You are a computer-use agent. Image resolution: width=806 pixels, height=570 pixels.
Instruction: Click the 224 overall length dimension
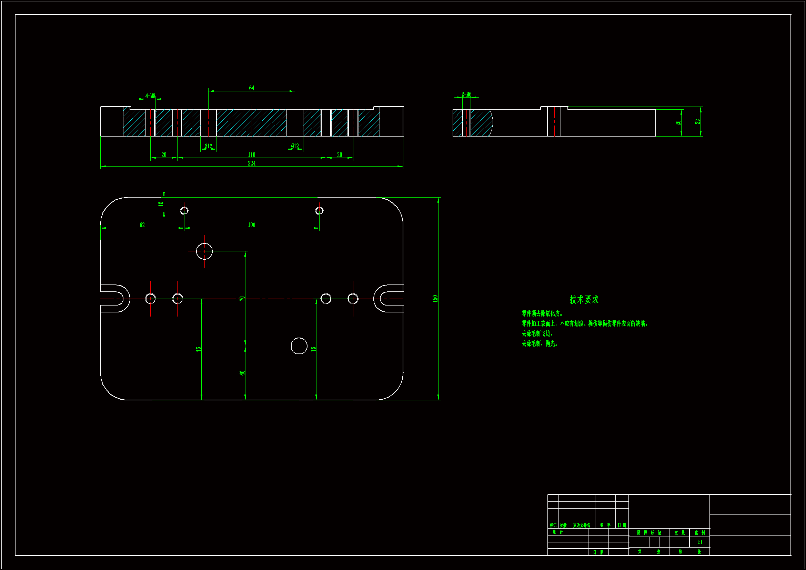(x=251, y=163)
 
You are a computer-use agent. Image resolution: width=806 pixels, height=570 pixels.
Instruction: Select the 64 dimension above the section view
(x=251, y=88)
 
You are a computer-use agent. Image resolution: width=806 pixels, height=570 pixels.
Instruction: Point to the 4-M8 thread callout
(x=150, y=96)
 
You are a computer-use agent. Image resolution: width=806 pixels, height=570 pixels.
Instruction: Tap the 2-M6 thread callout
(x=466, y=94)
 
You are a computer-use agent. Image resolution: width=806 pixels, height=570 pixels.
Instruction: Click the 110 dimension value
(x=251, y=155)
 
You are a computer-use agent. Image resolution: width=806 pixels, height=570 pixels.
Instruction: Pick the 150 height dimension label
(x=435, y=299)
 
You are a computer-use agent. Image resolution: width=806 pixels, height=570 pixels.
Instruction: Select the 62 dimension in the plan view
(x=142, y=225)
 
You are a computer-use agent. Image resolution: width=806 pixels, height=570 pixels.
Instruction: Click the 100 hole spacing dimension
(x=251, y=225)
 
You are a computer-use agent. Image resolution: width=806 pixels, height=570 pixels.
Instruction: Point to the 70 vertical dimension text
(x=242, y=299)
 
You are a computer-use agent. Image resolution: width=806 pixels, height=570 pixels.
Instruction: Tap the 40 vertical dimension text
(x=242, y=373)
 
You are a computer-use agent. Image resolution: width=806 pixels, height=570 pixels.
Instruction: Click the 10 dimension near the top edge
(x=161, y=204)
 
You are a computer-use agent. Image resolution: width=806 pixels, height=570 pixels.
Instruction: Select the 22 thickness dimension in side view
(x=697, y=121)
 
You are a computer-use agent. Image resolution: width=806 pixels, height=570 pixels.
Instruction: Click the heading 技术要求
(x=584, y=300)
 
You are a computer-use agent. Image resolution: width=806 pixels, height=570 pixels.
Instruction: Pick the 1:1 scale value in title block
(x=699, y=542)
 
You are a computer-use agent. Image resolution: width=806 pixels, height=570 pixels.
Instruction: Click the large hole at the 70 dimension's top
(x=204, y=251)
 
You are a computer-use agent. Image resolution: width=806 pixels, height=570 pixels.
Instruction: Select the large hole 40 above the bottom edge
(x=299, y=346)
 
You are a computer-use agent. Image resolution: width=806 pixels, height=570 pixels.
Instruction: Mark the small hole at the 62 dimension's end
(x=184, y=211)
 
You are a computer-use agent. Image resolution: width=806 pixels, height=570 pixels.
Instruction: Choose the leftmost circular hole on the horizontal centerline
(x=150, y=299)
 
